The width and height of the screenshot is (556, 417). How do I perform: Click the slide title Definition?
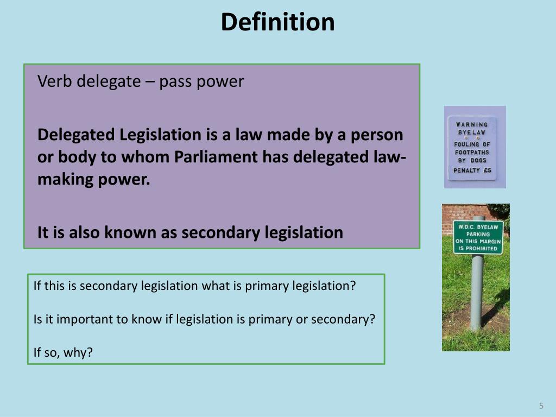coord(277,22)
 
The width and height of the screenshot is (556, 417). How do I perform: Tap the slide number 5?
coord(541,406)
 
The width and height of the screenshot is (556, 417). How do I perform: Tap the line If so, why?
coord(63,352)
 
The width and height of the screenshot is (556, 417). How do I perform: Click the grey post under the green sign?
coord(476,293)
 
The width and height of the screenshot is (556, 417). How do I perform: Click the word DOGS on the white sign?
coord(481,161)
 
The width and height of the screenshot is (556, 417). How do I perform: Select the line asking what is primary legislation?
coord(194,286)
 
